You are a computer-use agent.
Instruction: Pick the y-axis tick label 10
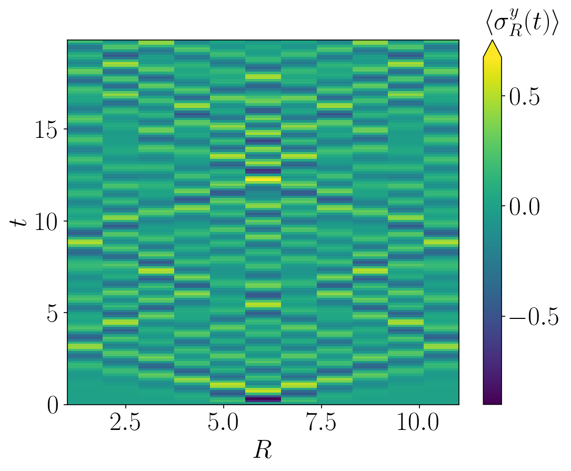(45, 222)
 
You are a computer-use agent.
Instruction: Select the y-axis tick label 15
(45, 129)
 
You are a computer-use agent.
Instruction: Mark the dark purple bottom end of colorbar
(492, 400)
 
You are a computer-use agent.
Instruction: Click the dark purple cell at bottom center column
(263, 399)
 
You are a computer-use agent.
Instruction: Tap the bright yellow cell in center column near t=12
(263, 179)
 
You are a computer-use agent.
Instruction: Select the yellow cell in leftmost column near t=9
(85, 243)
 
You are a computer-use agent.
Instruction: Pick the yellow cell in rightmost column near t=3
(441, 346)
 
